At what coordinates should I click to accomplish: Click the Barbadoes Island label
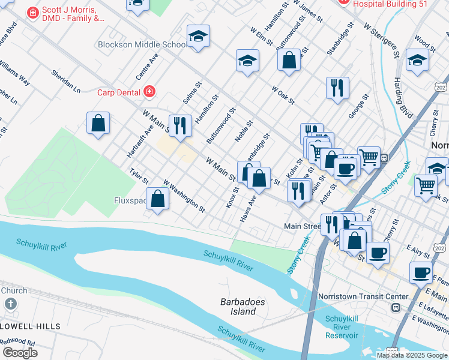pos(243,307)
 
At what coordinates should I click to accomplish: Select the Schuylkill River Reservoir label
pos(341,327)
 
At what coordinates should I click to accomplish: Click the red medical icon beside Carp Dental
pos(149,92)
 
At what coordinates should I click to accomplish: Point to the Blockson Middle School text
pos(142,45)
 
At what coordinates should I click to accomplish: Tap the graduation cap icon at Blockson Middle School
pos(198,37)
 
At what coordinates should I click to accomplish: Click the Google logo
pos(19,353)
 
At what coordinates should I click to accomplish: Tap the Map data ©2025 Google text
pos(411,355)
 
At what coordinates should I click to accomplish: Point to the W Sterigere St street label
pos(382,41)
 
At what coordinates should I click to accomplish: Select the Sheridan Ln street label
pos(65,81)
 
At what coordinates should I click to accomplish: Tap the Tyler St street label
pos(139,176)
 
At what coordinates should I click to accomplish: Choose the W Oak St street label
pos(283,94)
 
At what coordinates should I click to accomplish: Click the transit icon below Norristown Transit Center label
pos(396,308)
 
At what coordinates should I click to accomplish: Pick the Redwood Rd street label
pos(18,341)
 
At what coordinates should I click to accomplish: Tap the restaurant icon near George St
pos(337,88)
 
